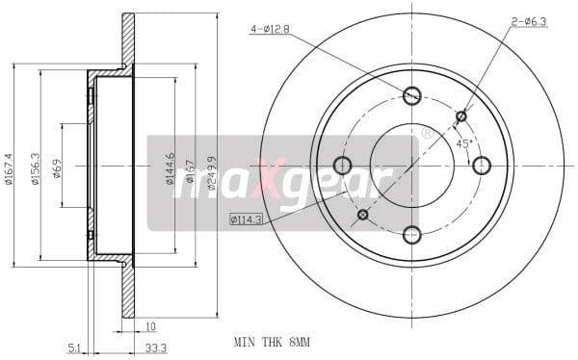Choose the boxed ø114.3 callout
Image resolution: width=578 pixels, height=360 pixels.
[247, 219]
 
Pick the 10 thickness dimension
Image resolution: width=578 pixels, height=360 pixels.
[151, 325]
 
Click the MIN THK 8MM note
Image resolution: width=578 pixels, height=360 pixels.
[272, 342]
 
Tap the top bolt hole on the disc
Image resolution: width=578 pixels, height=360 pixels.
[412, 94]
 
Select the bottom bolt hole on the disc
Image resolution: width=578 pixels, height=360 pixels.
[412, 234]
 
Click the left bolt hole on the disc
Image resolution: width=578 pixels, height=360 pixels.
[343, 165]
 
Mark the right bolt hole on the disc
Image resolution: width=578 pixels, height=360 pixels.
[482, 165]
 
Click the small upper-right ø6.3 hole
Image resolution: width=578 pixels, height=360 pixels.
[461, 116]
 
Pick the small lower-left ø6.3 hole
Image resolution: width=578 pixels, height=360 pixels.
[363, 214]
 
